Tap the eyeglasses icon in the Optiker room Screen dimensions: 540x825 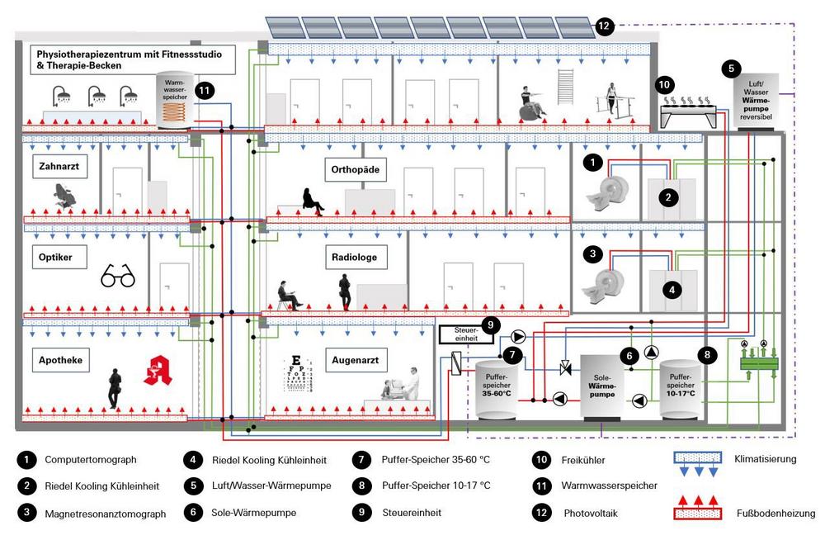pos(118,277)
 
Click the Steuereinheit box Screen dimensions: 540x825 pos(461,334)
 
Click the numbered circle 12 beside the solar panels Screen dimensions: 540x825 pos(604,26)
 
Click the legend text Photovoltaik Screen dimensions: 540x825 pos(591,513)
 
